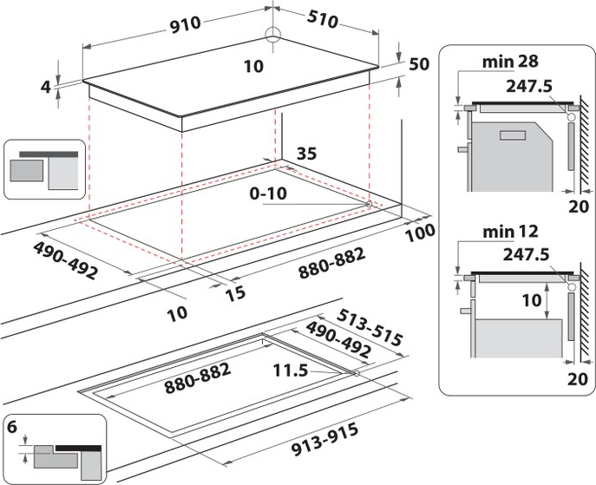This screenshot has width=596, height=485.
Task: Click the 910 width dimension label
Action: (185, 25)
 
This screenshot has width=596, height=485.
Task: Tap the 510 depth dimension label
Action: (323, 19)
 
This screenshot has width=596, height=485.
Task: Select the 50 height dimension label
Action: (419, 64)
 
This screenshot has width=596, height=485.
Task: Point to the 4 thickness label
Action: (46, 87)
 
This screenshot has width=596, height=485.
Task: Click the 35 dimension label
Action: (306, 154)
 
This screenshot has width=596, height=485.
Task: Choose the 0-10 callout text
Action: (268, 193)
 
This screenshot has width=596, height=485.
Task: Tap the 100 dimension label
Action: (421, 233)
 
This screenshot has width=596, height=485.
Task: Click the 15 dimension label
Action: (235, 293)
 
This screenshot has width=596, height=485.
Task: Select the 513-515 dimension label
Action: (370, 327)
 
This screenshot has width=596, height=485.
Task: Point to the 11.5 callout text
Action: (291, 370)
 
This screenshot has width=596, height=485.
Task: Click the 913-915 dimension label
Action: (325, 439)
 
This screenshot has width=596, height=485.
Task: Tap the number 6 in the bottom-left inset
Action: (12, 427)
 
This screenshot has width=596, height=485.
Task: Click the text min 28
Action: (510, 62)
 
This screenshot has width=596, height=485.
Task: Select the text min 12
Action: (510, 231)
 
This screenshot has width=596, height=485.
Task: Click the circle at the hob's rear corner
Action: (272, 35)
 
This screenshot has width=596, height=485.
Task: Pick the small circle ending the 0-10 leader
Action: (369, 204)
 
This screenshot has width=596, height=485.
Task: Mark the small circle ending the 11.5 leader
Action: (357, 373)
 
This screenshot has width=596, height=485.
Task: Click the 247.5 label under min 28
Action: (528, 86)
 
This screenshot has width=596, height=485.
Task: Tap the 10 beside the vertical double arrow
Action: (532, 300)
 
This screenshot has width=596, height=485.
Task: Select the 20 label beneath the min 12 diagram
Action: (578, 378)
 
